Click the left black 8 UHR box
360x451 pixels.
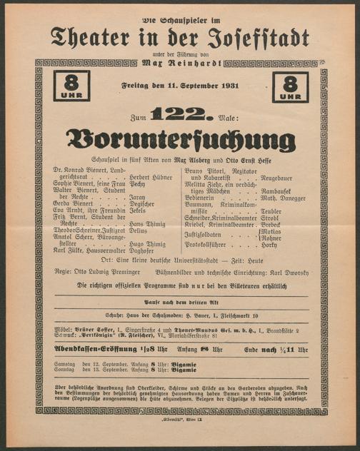[x=71, y=86]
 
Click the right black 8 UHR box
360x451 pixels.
[x=289, y=86]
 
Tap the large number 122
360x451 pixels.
[x=183, y=113]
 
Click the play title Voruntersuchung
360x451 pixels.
[x=179, y=138]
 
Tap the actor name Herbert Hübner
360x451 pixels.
[x=151, y=177]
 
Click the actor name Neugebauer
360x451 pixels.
[x=281, y=176]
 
